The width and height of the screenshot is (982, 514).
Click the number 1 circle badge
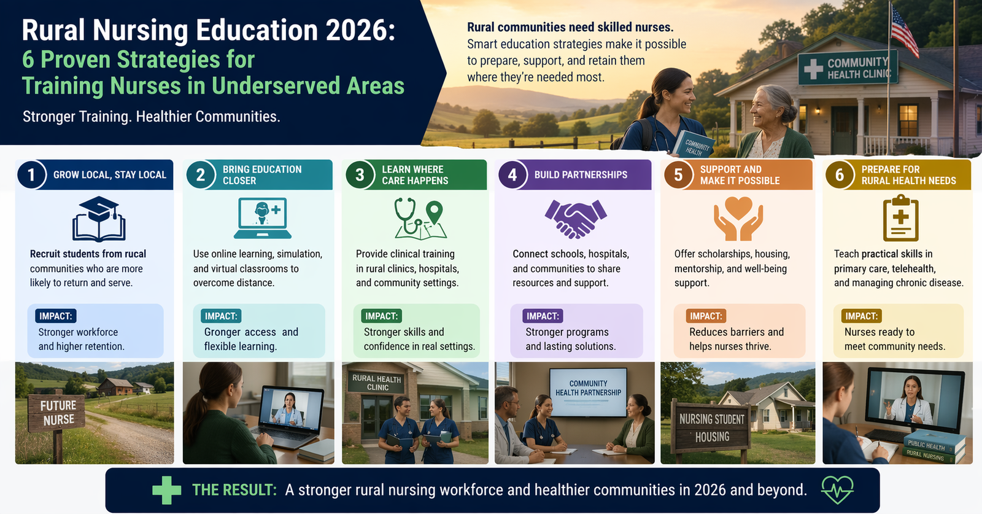(31, 174)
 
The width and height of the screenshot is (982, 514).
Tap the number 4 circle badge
(512, 174)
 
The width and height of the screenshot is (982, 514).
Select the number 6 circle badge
(839, 174)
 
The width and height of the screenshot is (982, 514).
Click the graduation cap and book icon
(99, 219)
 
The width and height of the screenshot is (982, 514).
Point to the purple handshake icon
(576, 219)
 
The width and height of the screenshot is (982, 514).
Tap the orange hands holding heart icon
(738, 219)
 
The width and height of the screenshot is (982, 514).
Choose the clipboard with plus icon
(900, 218)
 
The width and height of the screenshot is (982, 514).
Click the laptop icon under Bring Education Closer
(263, 218)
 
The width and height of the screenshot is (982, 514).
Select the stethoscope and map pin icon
(420, 218)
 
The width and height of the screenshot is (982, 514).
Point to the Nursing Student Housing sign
(711, 428)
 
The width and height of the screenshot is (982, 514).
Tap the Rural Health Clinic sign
(377, 382)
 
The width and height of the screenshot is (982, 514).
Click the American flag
(904, 31)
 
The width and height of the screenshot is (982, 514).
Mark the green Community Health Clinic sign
(848, 68)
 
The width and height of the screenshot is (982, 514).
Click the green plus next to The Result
(166, 490)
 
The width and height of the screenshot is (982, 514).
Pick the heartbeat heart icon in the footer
(837, 490)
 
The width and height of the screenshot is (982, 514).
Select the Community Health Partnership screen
(588, 392)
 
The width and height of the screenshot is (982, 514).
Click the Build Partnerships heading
(581, 174)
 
